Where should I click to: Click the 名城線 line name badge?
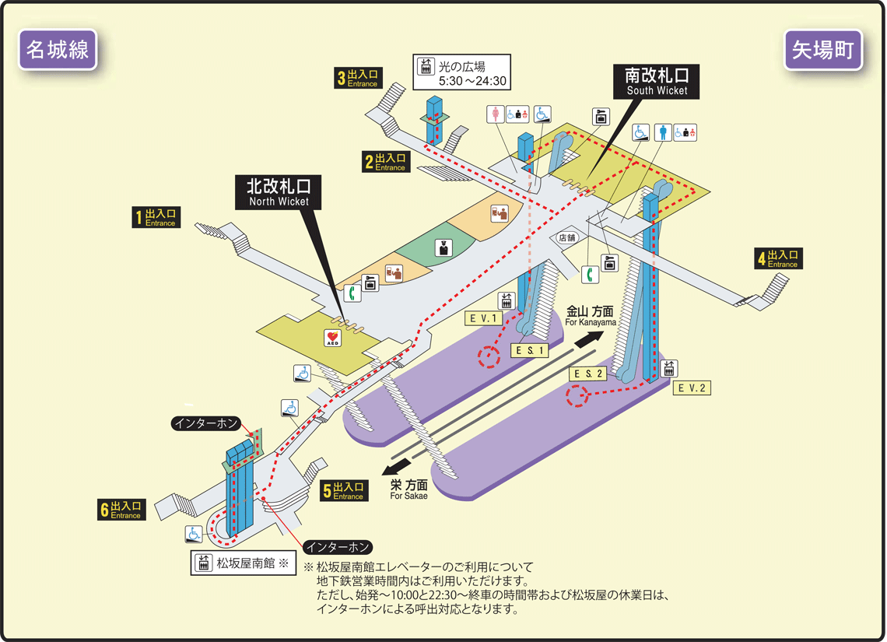pyautogui.click(x=58, y=50)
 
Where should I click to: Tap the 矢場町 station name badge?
pyautogui.click(x=823, y=50)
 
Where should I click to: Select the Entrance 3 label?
pyautogui.click(x=358, y=78)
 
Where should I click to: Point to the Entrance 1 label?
pyautogui.click(x=156, y=217)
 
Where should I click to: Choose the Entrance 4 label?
pyautogui.click(x=778, y=258)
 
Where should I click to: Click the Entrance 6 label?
pyautogui.click(x=121, y=510)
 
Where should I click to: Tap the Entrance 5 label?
pyautogui.click(x=344, y=490)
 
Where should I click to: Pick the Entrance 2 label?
pyautogui.click(x=386, y=162)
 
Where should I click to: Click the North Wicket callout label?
pyautogui.click(x=279, y=192)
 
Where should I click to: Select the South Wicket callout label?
pyautogui.click(x=656, y=82)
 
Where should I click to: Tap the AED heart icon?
pyautogui.click(x=333, y=338)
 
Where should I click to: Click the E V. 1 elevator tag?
pyautogui.click(x=483, y=318)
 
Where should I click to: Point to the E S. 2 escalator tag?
pyautogui.click(x=588, y=374)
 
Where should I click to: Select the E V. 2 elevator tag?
pyautogui.click(x=692, y=388)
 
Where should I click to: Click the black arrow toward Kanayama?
pyautogui.click(x=590, y=339)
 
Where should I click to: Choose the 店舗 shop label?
pyautogui.click(x=566, y=238)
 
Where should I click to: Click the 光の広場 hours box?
pyautogui.click(x=461, y=72)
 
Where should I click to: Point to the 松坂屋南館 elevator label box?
pyautogui.click(x=244, y=563)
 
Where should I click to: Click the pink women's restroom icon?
pyautogui.click(x=496, y=114)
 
